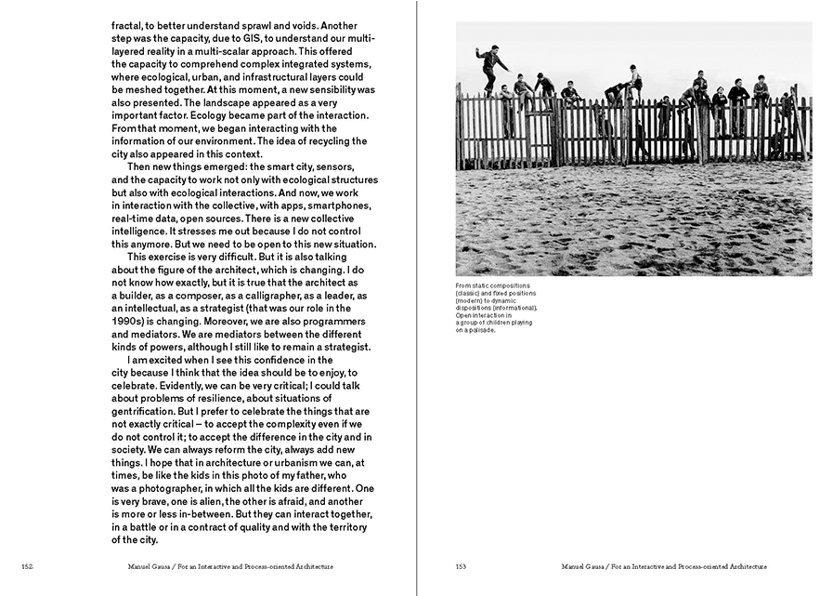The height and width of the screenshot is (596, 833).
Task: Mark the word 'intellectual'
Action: pyautogui.click(x=161, y=308)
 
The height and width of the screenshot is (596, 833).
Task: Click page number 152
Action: pyautogui.click(x=29, y=566)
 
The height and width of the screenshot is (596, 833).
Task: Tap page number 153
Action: pyautogui.click(x=462, y=566)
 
